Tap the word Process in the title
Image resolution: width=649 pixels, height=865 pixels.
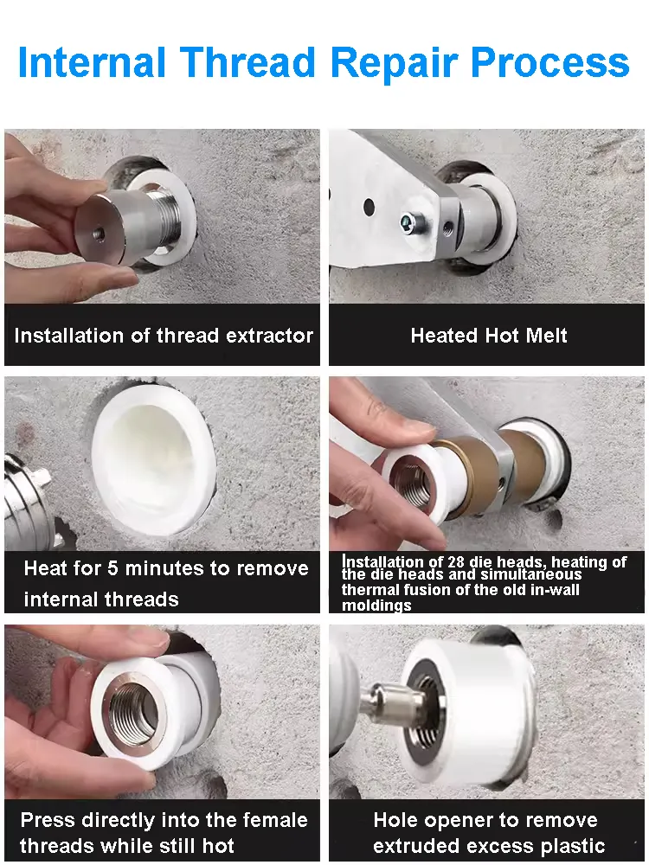click(550, 61)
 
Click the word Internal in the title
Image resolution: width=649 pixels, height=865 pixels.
click(92, 61)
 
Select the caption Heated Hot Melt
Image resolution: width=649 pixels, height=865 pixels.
click(489, 336)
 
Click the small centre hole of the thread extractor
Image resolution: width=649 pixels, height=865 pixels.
click(99, 234)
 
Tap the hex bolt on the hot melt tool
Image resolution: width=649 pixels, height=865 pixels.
click(412, 222)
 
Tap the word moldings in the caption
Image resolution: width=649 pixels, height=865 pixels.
click(376, 605)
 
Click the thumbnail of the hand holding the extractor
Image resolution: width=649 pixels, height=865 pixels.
click(163, 216)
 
